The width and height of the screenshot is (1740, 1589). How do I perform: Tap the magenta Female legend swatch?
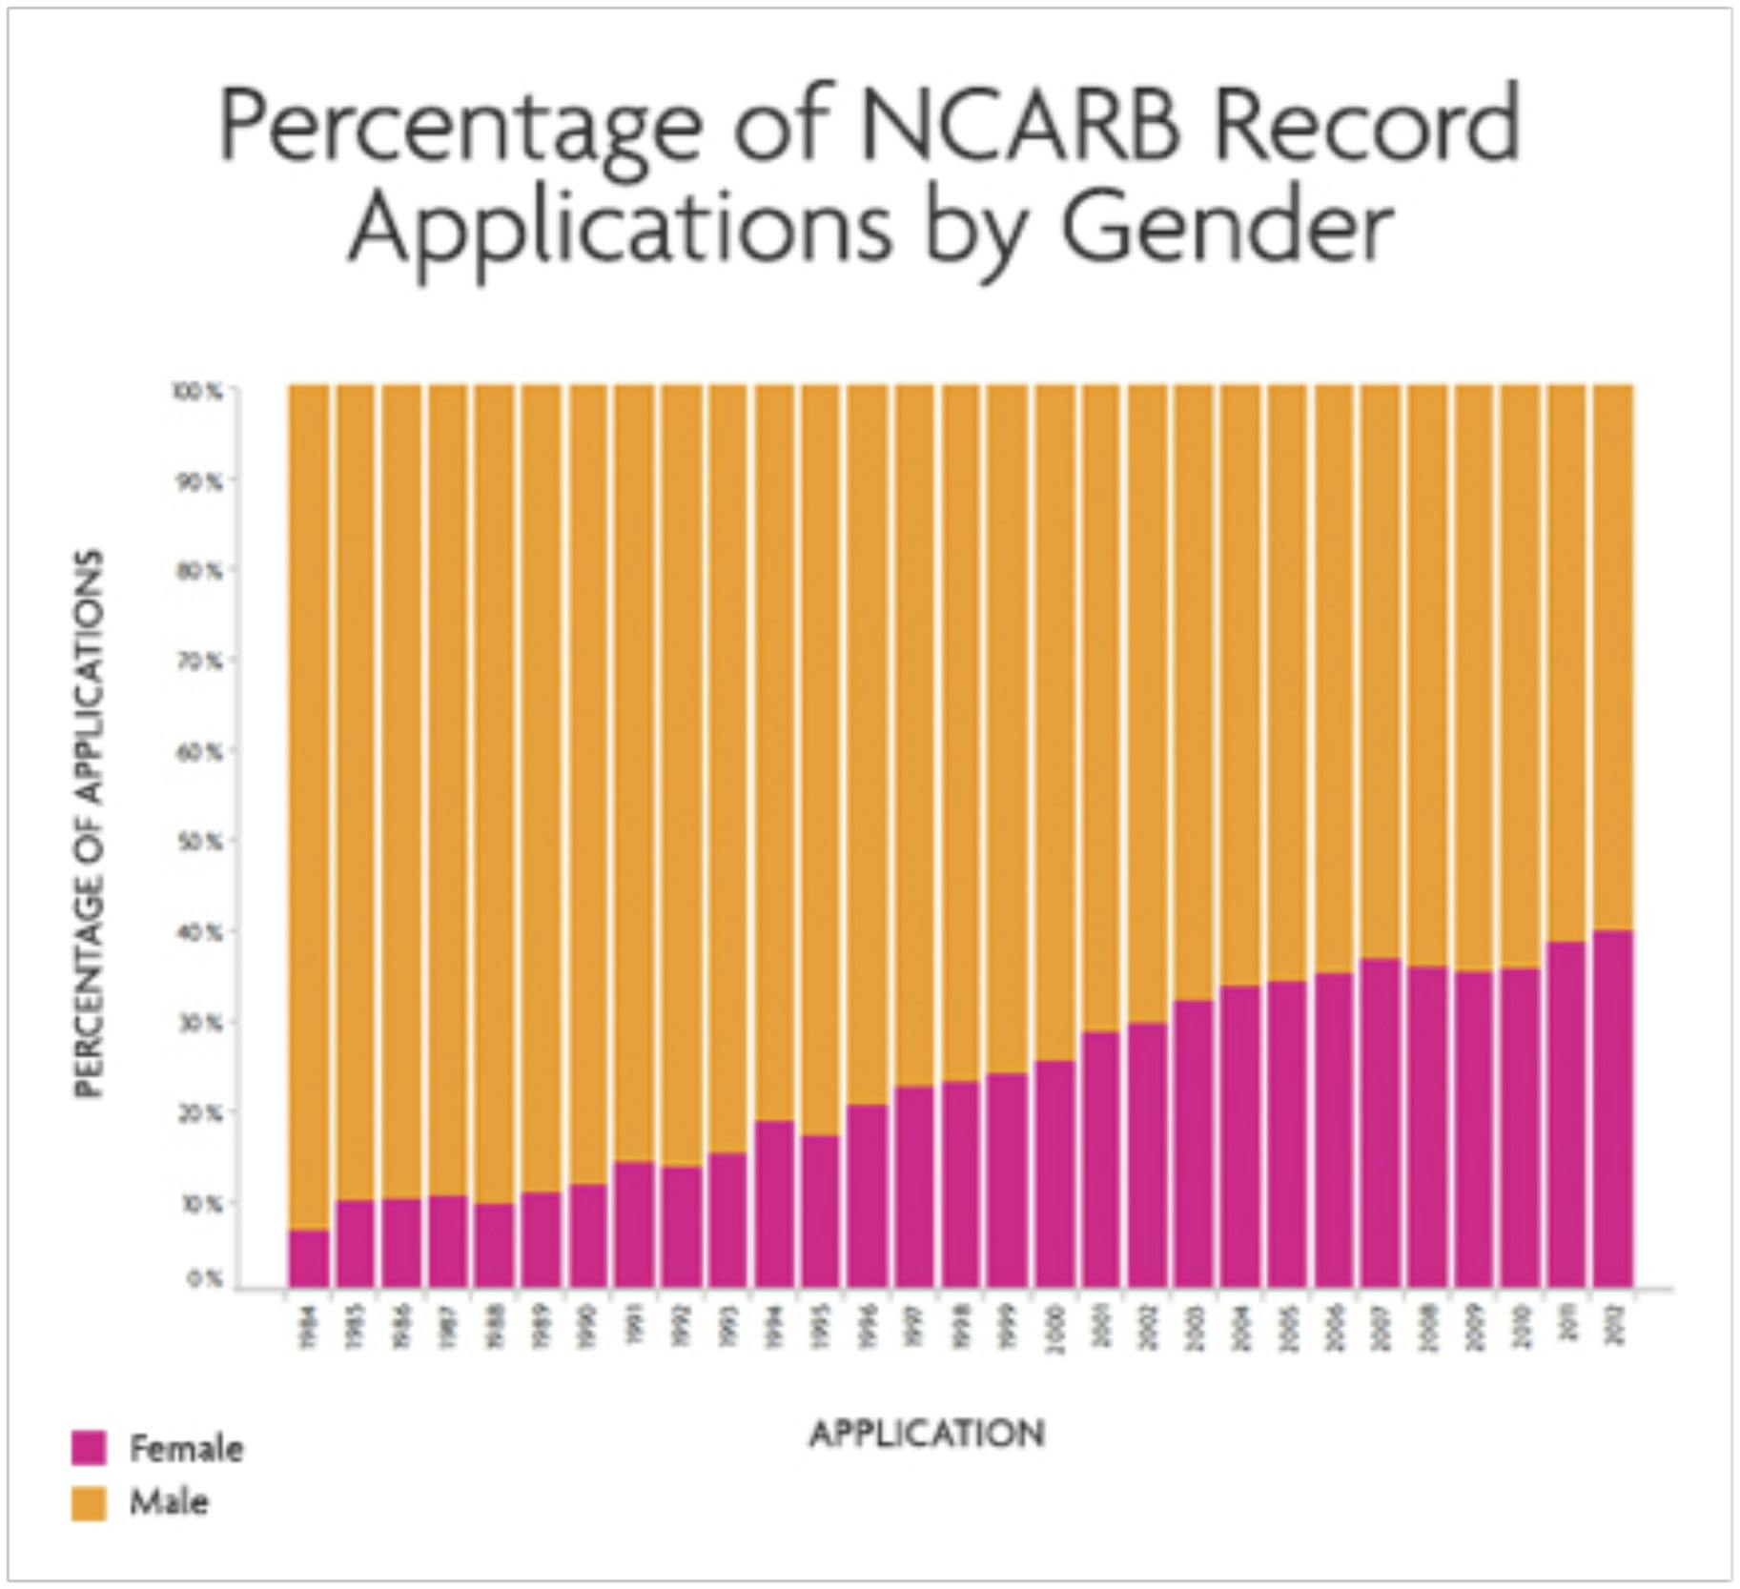point(89,1447)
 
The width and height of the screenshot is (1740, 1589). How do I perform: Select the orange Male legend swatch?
point(89,1502)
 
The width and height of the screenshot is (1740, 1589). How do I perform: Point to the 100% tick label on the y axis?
point(197,391)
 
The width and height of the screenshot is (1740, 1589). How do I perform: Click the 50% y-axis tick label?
point(200,842)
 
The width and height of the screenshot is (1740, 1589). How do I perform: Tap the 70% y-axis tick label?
point(200,660)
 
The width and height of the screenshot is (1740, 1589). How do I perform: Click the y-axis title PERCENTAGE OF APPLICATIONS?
point(88,824)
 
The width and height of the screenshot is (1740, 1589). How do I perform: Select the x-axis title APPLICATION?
point(927,1433)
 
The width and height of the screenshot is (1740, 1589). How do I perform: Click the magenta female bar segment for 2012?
point(1613,1108)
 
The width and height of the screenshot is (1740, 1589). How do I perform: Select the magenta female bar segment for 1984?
point(308,1258)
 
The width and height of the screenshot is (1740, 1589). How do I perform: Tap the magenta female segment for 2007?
point(1380,1122)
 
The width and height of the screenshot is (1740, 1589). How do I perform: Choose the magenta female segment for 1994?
point(774,1203)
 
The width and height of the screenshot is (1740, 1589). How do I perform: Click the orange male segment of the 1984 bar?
point(308,806)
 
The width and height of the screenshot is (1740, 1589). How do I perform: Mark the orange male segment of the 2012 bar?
point(1613,658)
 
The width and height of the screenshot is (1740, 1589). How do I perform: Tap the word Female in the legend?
point(186,1448)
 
